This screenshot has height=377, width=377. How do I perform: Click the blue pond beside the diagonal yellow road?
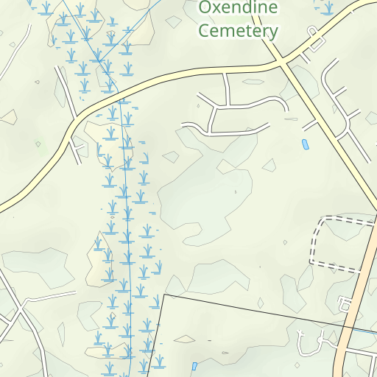click(x=305, y=144)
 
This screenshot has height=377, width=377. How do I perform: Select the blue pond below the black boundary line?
click(x=194, y=366)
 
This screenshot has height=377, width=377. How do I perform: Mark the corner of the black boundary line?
click(x=163, y=295)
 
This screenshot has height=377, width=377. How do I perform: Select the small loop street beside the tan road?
click(x=345, y=303)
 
